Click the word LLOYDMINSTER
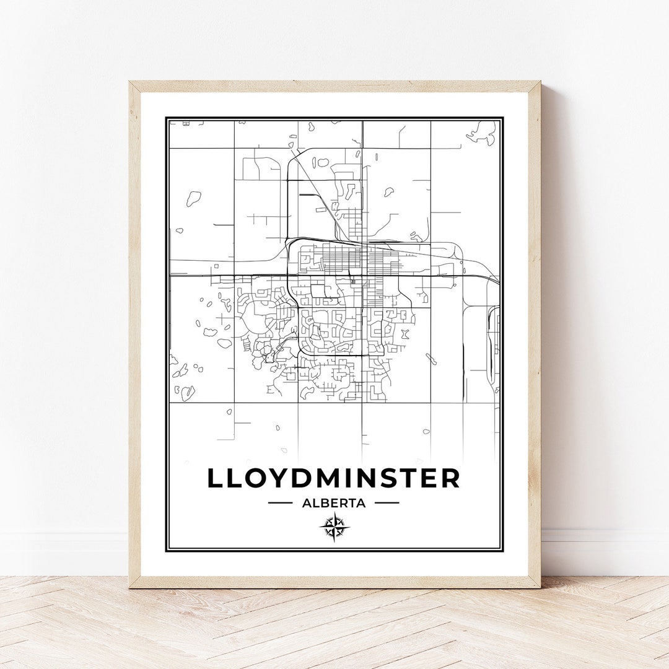(333, 478)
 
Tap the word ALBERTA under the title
(334, 503)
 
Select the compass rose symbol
(334, 528)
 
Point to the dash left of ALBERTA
(280, 503)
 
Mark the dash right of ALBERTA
(387, 503)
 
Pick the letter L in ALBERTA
(314, 503)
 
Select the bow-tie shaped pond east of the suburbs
(405, 334)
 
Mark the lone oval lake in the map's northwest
(194, 198)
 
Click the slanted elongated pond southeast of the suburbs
(431, 359)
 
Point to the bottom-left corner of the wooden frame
(131, 586)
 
